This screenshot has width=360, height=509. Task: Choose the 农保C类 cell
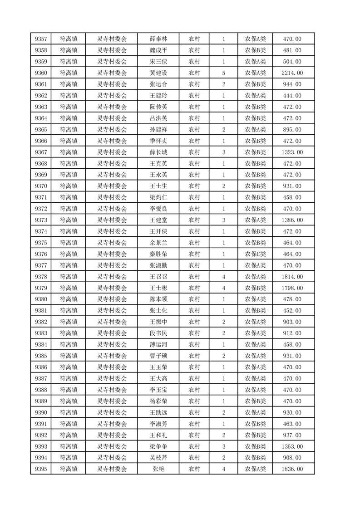[255, 254]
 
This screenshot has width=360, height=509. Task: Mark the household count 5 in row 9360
[224, 73]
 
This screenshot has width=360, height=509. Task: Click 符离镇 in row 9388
[69, 390]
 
